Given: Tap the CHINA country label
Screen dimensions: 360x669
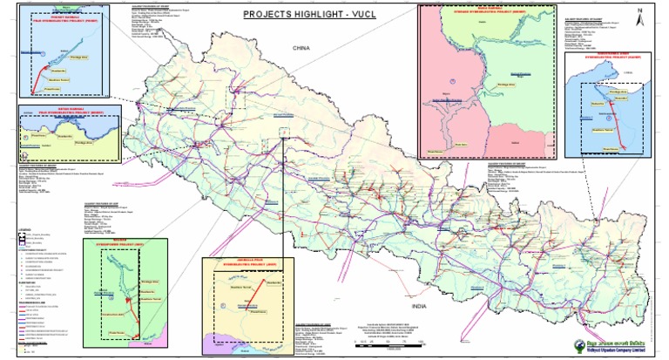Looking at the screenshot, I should pos(301,49).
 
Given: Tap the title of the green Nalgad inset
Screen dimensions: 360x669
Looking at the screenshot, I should pos(133,242).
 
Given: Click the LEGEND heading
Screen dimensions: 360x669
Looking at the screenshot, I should pos(24,230).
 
